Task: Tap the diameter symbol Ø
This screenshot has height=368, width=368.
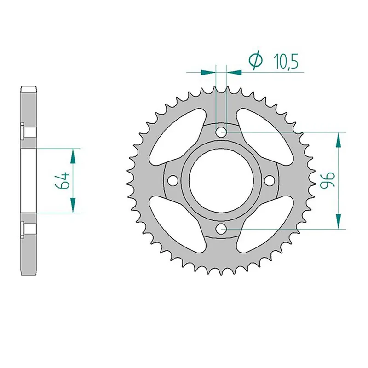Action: [255, 61]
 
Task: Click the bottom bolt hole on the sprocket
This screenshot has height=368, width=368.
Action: [221, 228]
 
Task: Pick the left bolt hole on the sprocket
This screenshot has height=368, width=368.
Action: [173, 180]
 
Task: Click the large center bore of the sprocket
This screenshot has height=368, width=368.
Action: [221, 180]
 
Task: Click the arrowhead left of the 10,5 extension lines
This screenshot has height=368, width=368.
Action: [208, 72]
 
